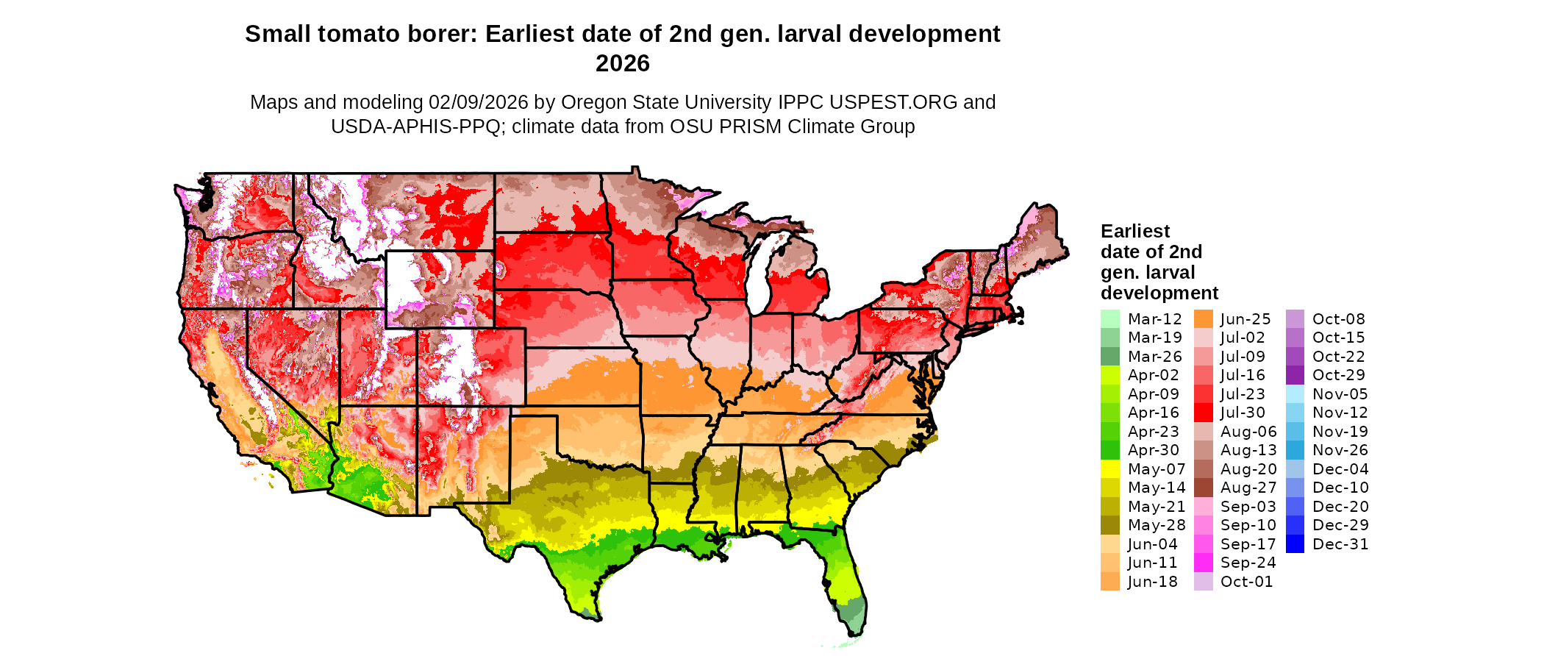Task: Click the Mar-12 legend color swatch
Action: point(1109,319)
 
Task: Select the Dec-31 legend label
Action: point(1340,544)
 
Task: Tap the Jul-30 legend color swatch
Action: point(1203,413)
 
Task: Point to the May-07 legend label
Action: point(1157,469)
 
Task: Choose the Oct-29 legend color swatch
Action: point(1295,375)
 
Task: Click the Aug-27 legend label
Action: point(1248,488)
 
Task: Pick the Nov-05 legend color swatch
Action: point(1295,394)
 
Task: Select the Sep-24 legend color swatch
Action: point(1203,563)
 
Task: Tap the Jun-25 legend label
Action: point(1245,319)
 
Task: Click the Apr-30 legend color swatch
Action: point(1109,450)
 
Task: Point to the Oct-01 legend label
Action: point(1246,582)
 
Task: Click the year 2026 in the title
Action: point(622,63)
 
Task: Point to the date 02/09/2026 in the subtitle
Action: point(478,102)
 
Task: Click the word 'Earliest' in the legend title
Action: point(1134,231)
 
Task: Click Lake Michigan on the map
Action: point(760,276)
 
